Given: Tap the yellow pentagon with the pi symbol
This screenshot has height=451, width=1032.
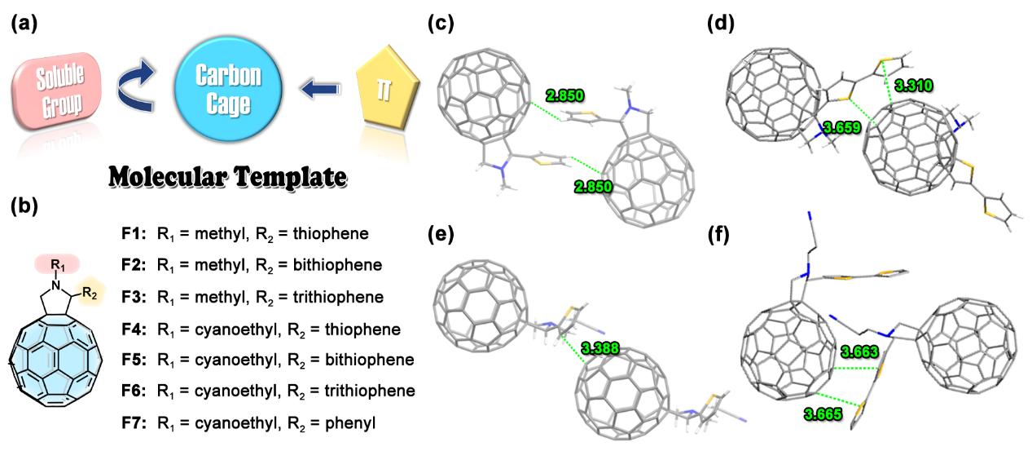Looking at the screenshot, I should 389,89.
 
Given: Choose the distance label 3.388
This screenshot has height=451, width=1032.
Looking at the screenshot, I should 601,348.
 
